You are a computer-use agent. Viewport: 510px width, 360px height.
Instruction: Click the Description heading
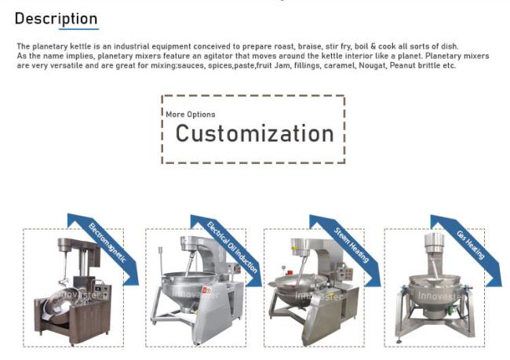tap(56, 19)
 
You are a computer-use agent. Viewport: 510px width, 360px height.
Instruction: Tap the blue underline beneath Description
tap(78, 29)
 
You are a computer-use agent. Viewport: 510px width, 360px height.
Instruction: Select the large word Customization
tap(255, 133)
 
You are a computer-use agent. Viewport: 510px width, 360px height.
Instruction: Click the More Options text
tap(191, 115)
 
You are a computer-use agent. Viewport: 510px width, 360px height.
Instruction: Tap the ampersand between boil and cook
tap(373, 46)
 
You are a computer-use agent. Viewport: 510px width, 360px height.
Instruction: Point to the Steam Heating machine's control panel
tap(345, 273)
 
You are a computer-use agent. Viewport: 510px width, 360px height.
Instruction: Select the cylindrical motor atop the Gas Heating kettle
tap(434, 243)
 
